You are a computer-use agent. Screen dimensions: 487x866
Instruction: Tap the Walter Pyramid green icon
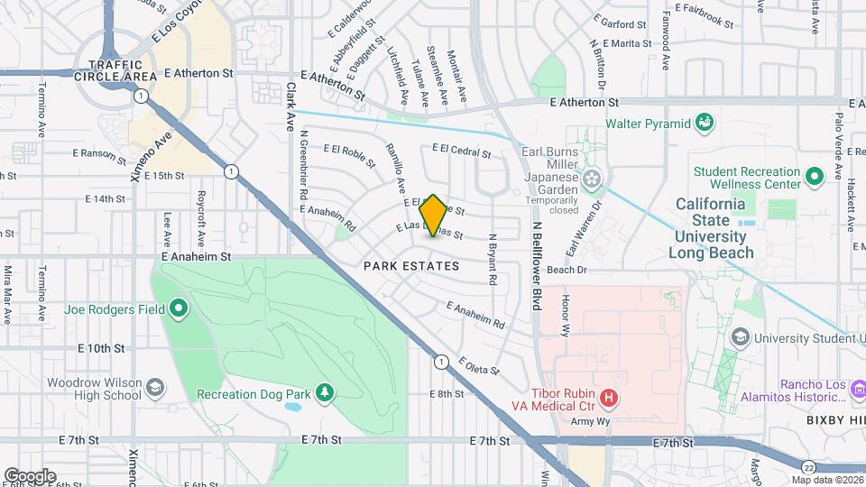pos(705,122)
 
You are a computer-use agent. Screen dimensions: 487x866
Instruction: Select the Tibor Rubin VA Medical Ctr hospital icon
pos(609,397)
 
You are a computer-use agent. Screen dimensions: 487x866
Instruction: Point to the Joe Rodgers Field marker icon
pos(179,309)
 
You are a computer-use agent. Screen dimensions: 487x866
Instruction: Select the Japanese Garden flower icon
pos(592,179)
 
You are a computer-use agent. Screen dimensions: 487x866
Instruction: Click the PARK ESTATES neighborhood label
pos(411,266)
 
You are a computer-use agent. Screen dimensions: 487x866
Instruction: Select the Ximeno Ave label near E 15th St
pos(151,154)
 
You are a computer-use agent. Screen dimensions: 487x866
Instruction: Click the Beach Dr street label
pos(567,270)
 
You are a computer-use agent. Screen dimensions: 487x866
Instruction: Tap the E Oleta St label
pos(478,367)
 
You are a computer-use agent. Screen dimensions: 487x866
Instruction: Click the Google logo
pos(29,475)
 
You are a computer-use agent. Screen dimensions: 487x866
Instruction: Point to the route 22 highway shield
pos(810,465)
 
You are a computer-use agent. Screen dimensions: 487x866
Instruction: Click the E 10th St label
pos(100,348)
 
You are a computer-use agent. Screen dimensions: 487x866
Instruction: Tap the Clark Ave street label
pos(290,107)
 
